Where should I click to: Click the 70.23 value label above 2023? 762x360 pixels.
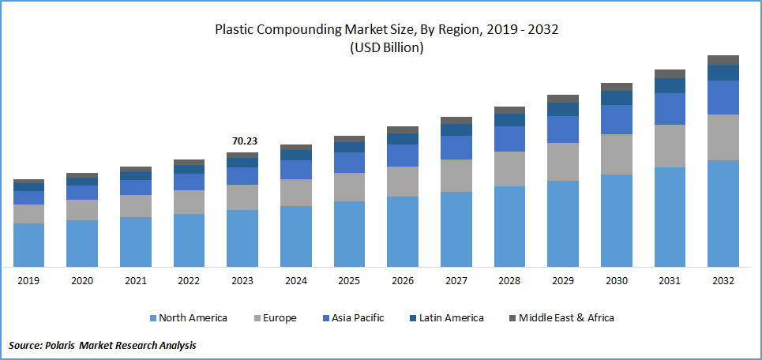[x=244, y=141]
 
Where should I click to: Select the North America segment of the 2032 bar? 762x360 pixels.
[x=723, y=213]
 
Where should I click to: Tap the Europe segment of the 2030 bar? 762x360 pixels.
[x=616, y=154]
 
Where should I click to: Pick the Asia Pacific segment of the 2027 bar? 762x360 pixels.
[x=456, y=148]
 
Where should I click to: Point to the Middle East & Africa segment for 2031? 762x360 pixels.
[x=670, y=73]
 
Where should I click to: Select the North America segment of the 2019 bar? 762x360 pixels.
[x=28, y=245]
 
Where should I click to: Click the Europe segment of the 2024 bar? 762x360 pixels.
[x=295, y=193]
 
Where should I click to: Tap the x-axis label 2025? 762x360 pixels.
[x=349, y=281]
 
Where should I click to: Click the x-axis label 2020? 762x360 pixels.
[x=82, y=281]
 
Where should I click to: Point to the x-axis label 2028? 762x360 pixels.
[x=509, y=281]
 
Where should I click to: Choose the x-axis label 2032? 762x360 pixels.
[x=723, y=281]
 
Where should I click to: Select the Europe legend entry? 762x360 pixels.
[x=275, y=318]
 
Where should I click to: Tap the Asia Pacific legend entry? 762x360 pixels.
[x=351, y=318]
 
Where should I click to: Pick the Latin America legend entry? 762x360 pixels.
[x=446, y=318]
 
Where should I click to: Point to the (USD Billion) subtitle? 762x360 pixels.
[x=386, y=48]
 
